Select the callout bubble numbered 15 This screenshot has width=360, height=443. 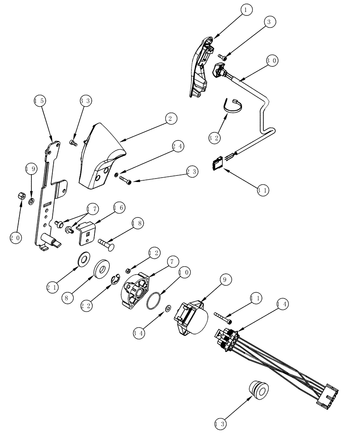click(x=39, y=101)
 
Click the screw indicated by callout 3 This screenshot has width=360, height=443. click(x=223, y=57)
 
